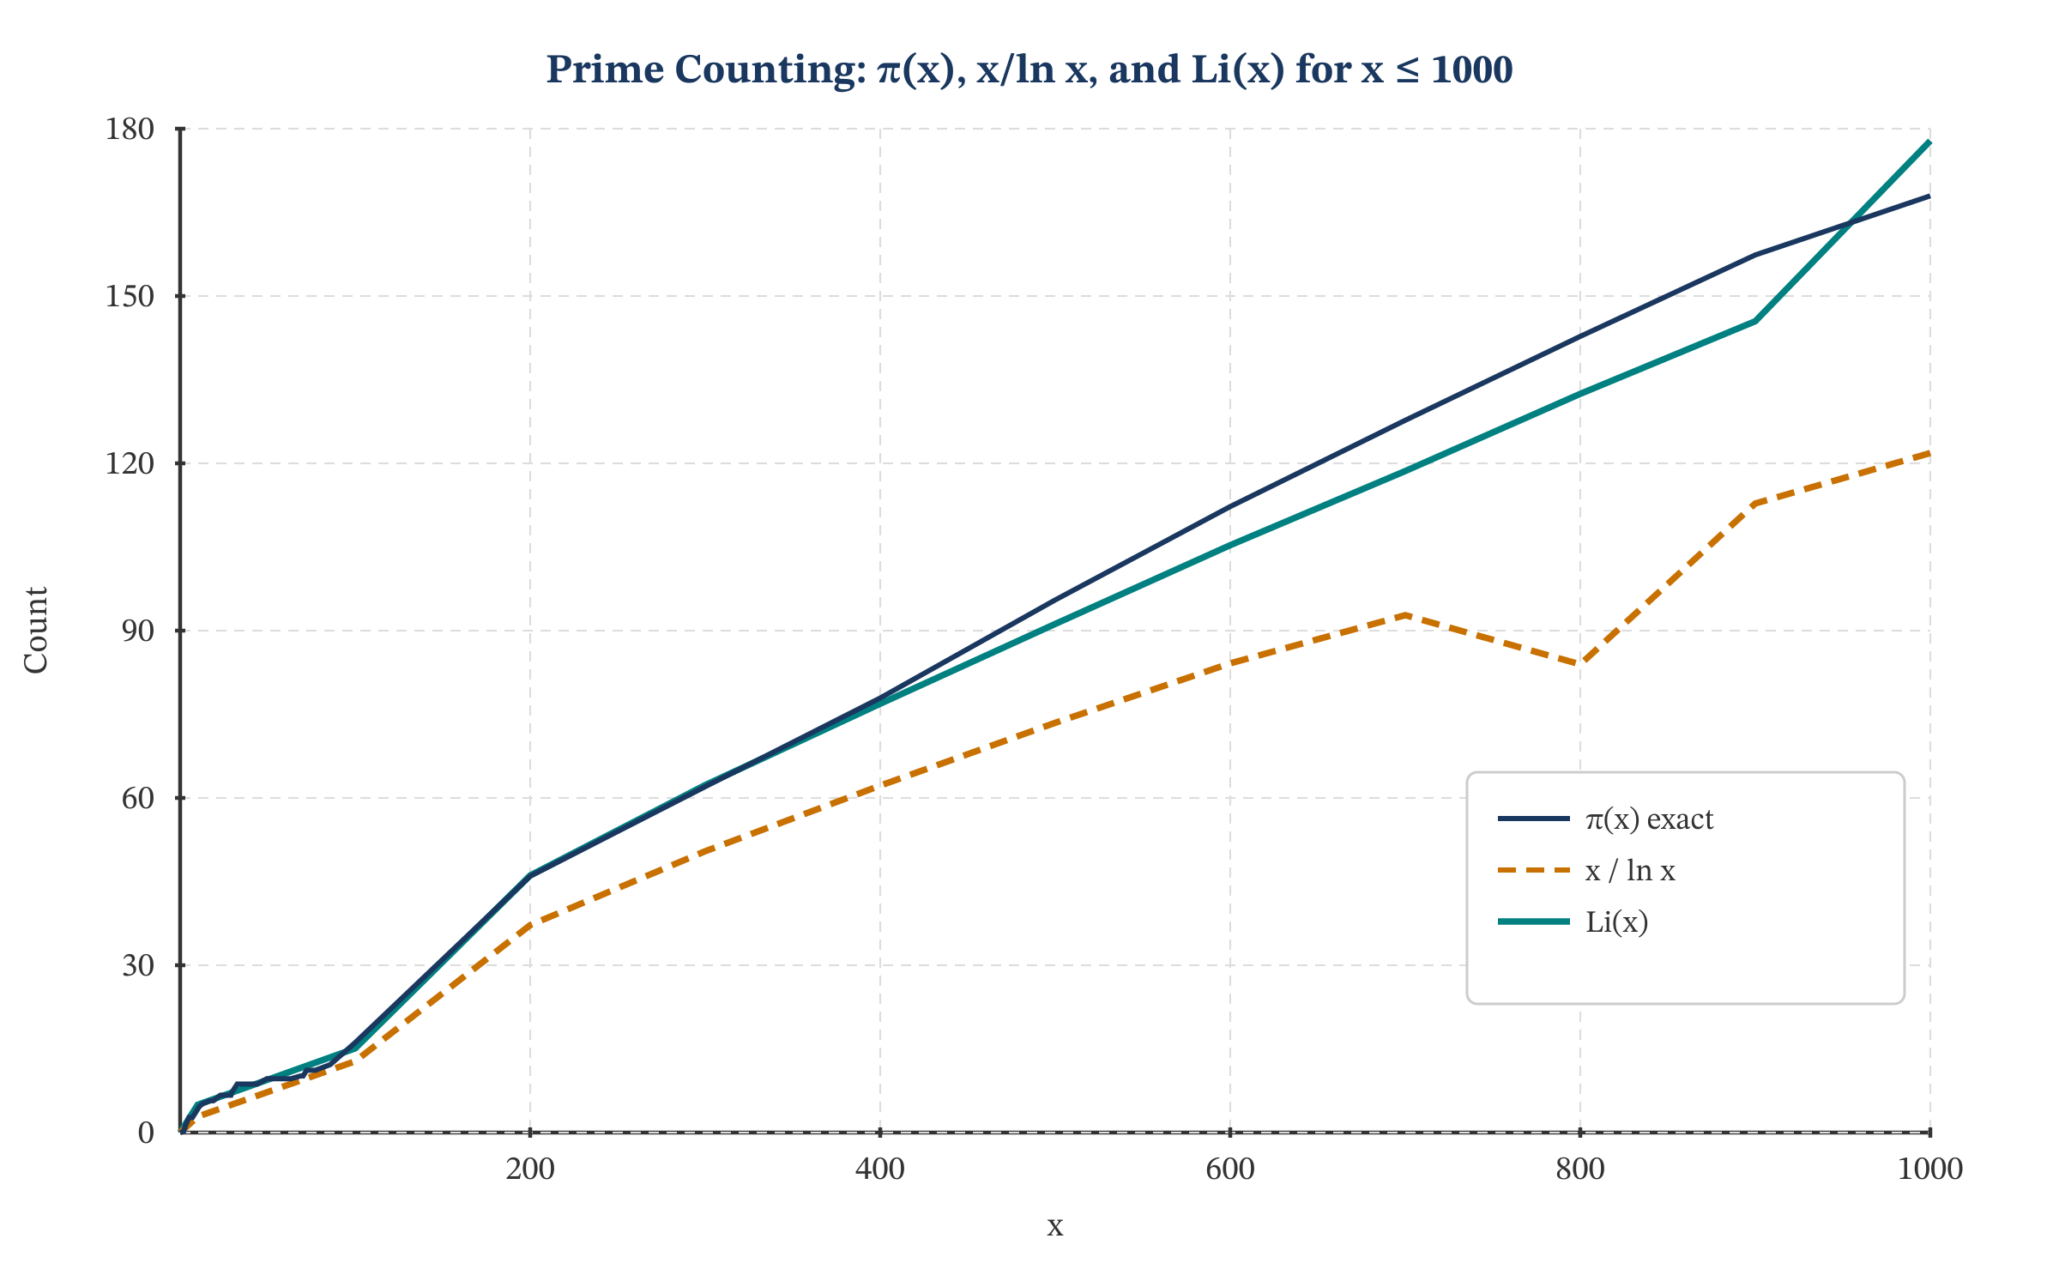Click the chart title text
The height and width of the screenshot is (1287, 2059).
coord(1029,69)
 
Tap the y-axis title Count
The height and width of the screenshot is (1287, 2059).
coord(36,631)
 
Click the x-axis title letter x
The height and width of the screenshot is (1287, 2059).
coord(1054,1226)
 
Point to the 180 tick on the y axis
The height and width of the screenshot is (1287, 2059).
coord(130,130)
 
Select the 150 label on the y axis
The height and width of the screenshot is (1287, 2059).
coord(130,297)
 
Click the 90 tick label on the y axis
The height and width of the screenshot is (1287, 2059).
coord(137,631)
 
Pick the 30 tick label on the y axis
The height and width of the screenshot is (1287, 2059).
coord(137,966)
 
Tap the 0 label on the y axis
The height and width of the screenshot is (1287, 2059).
coord(146,1133)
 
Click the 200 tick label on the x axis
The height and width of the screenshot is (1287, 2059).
coord(529,1169)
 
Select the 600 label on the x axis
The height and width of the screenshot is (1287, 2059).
coord(1229,1169)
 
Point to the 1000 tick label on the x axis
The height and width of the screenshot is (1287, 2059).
coord(1929,1169)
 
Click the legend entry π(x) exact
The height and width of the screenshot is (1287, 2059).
coord(1648,819)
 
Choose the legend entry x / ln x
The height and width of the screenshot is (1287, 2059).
coord(1629,871)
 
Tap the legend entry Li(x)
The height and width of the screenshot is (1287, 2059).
coord(1616,922)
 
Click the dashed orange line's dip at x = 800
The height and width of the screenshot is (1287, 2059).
coord(1579,663)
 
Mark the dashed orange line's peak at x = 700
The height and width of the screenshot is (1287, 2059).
coord(1405,615)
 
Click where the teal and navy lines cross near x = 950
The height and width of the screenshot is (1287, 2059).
coord(1851,223)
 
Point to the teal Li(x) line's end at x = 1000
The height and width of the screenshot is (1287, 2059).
coord(1929,142)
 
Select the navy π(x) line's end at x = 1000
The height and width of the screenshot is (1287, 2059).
coord(1929,196)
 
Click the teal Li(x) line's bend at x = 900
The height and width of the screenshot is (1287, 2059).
coord(1755,321)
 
